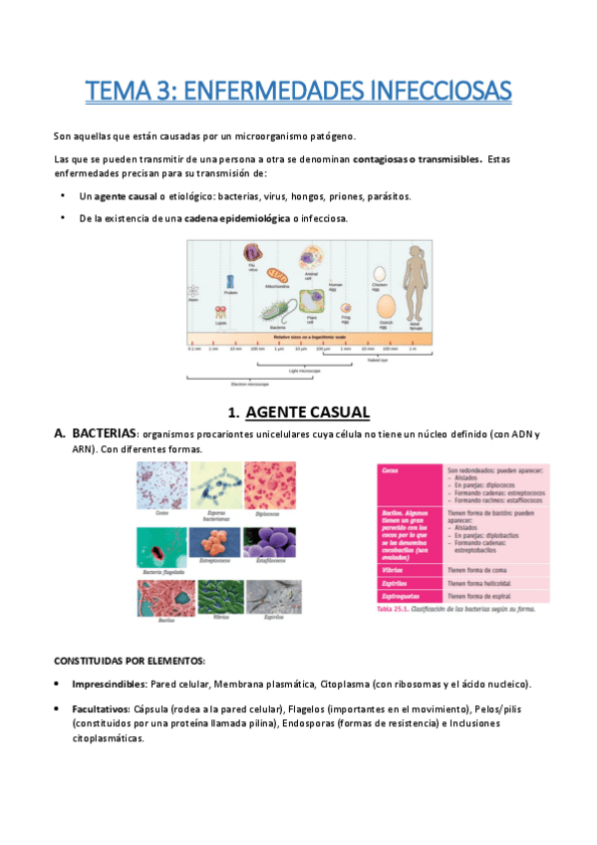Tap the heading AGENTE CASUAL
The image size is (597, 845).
pos(308,412)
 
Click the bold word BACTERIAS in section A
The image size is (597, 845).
pos(105,434)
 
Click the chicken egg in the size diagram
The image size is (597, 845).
pos(378,273)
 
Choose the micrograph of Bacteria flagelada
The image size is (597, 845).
pos(160,544)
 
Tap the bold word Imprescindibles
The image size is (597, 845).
pos(108,684)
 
